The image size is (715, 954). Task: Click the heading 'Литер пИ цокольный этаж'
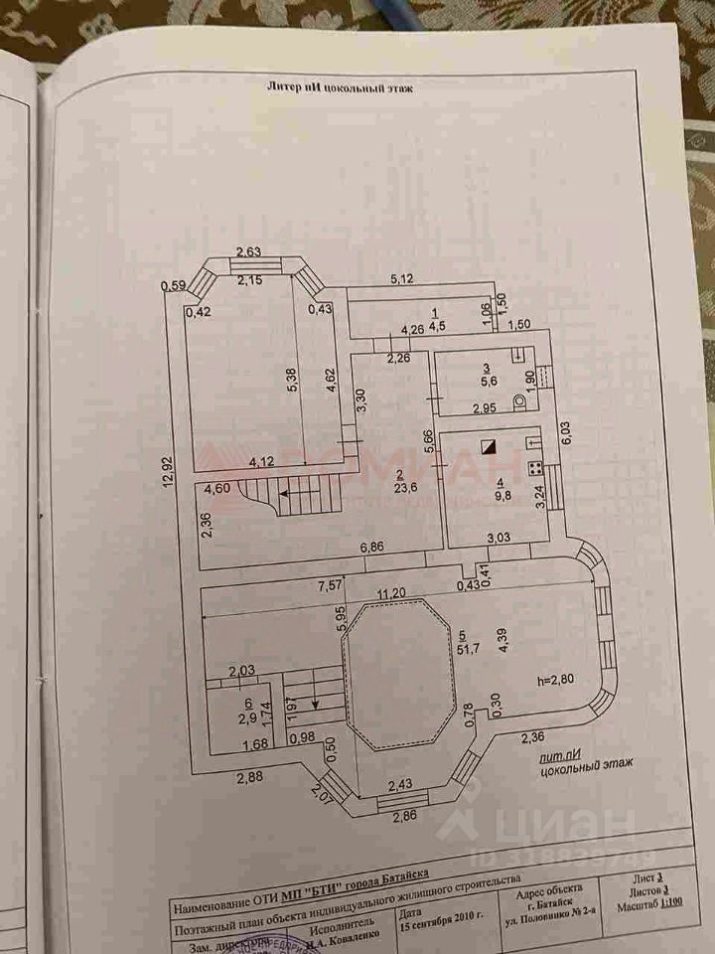[x=340, y=88]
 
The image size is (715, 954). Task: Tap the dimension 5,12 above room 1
[x=402, y=279]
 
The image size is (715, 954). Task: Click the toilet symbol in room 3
[x=517, y=402]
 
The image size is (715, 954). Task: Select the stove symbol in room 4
[x=532, y=467]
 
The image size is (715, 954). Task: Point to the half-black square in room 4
[x=487, y=447]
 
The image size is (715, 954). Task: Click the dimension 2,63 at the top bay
[x=248, y=251]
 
